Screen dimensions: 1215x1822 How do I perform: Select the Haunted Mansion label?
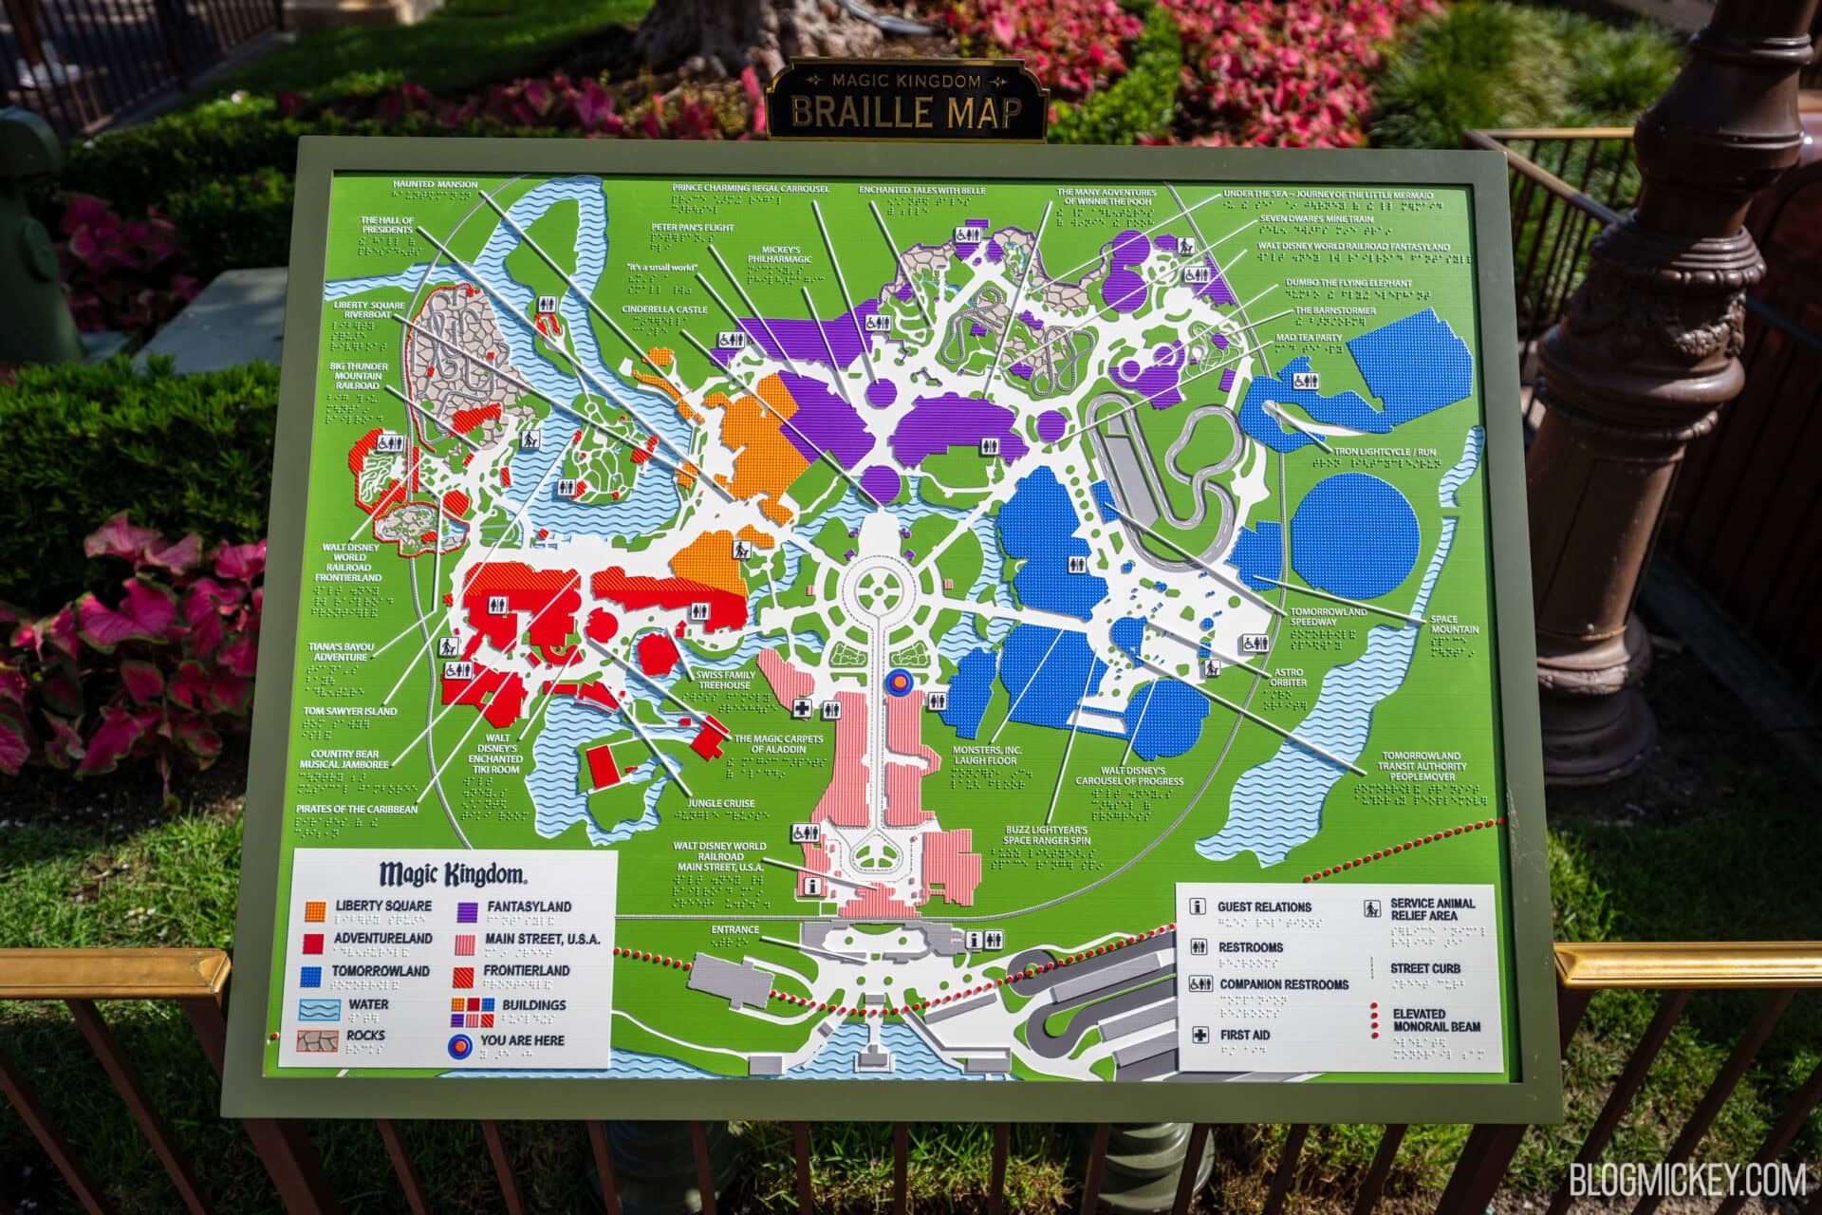(436, 185)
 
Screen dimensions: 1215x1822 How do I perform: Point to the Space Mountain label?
(1454, 625)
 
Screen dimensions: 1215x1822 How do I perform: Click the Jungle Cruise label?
(721, 804)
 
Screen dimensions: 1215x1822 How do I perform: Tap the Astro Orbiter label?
(1288, 677)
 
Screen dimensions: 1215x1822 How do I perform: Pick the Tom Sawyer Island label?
(349, 711)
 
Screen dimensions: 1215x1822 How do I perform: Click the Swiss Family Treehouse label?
(724, 680)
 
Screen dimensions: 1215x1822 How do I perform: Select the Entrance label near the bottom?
(734, 930)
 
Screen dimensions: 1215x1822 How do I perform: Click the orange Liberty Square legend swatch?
(315, 910)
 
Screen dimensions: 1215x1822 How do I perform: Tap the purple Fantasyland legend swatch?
(467, 910)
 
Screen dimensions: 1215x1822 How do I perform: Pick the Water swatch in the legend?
(318, 1007)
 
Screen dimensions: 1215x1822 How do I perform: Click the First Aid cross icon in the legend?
(1199, 1035)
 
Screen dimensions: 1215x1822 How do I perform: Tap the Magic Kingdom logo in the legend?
(452, 873)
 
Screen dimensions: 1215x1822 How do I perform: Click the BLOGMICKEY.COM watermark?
(1686, 1180)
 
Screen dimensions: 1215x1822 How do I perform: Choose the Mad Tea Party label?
(1309, 337)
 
